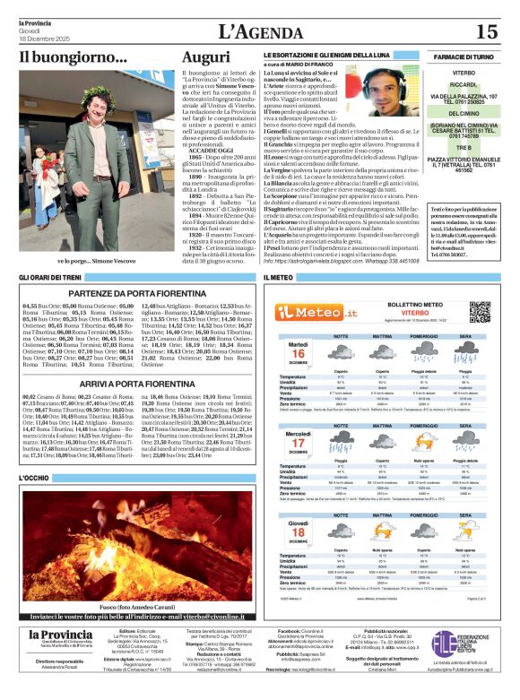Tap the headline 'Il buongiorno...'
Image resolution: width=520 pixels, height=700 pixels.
click(74, 57)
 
